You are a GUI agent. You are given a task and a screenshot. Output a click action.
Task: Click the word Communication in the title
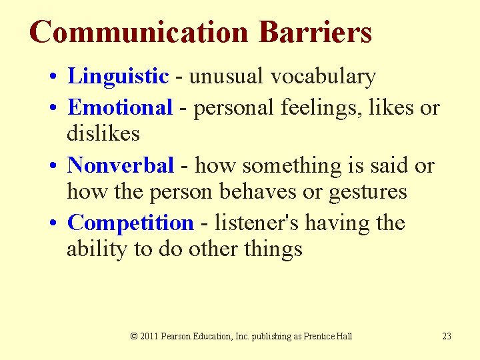pyautogui.click(x=139, y=32)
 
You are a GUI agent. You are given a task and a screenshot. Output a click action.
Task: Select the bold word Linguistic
pyautogui.click(x=118, y=77)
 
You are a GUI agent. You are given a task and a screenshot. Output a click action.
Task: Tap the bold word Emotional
pyautogui.click(x=120, y=107)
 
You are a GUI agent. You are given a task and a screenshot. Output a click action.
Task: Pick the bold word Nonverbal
pyautogui.click(x=121, y=165)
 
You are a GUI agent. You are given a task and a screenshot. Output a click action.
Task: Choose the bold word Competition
pyautogui.click(x=130, y=223)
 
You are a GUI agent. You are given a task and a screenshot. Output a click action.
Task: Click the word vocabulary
pyautogui.click(x=323, y=77)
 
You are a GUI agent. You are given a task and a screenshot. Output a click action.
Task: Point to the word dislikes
pyautogui.click(x=103, y=134)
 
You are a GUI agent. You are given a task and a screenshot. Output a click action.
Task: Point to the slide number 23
pyautogui.click(x=447, y=336)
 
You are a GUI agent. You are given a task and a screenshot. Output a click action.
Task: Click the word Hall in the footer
pyautogui.click(x=344, y=336)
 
